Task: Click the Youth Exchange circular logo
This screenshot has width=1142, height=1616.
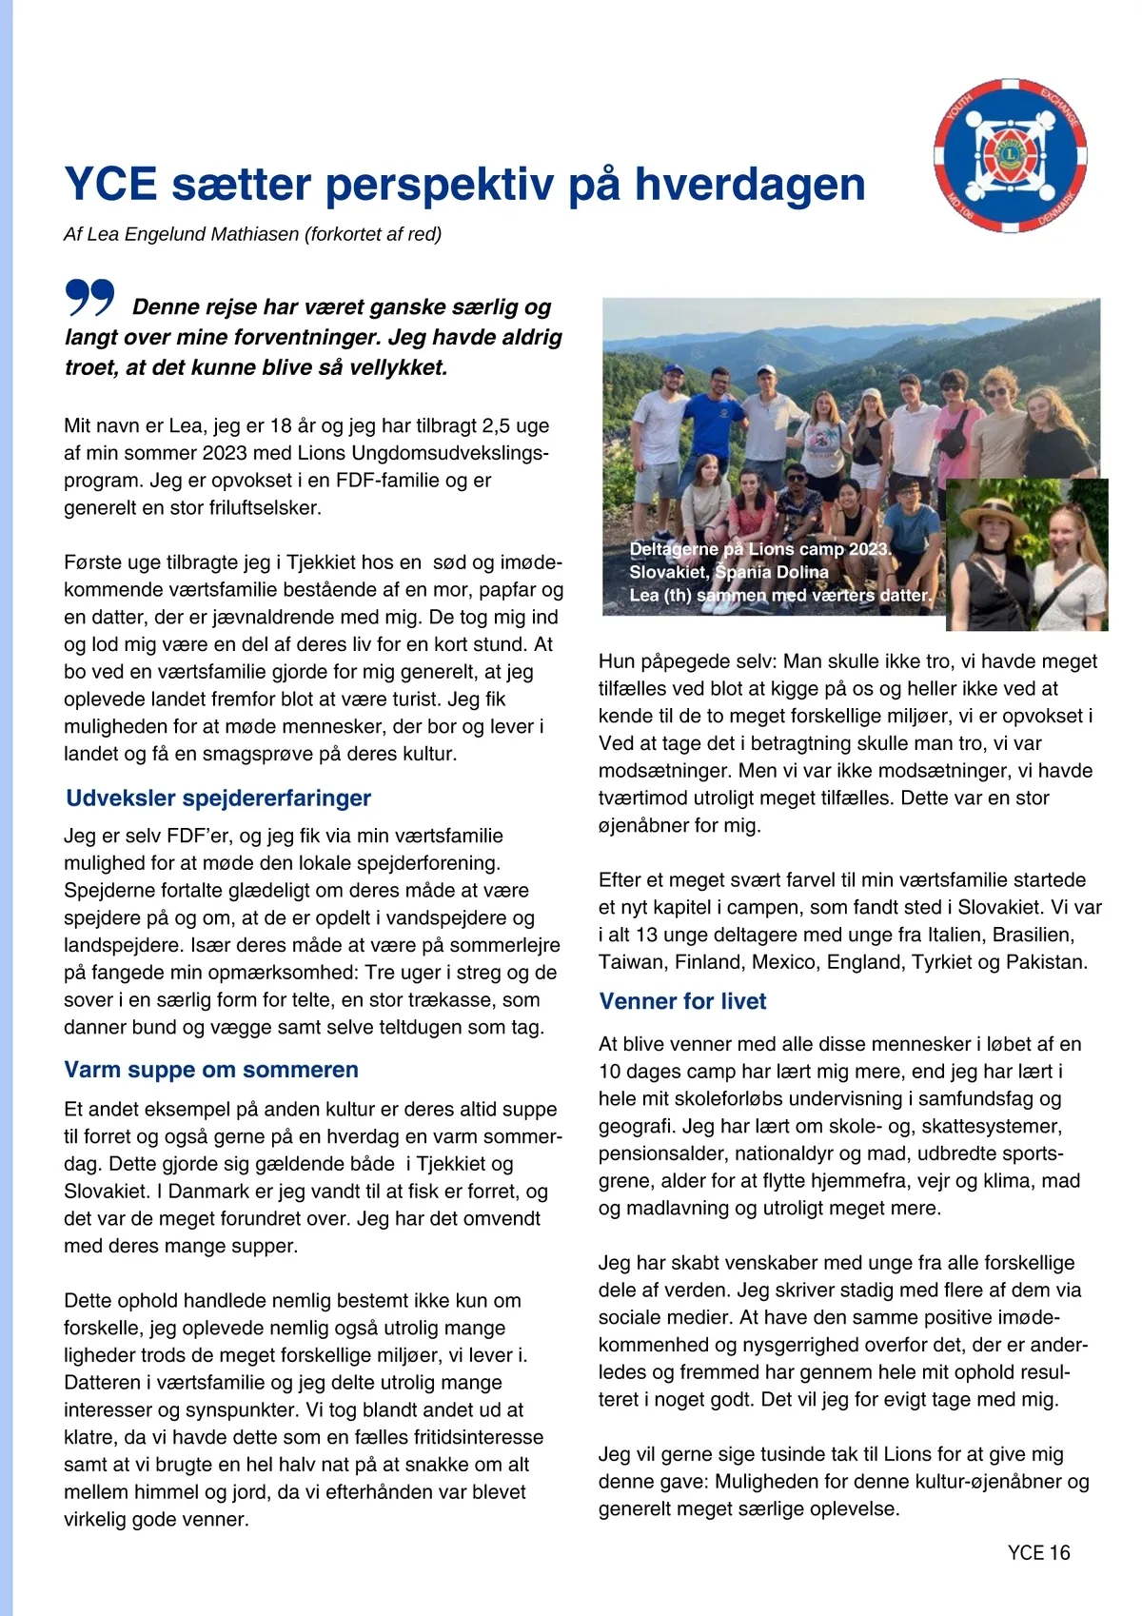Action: point(1010,155)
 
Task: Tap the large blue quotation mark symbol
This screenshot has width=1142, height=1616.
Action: point(90,298)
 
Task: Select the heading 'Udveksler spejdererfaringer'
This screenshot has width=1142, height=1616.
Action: point(218,798)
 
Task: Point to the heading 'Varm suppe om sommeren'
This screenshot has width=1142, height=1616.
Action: point(211,1070)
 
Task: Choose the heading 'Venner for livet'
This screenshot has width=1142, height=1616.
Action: point(682,1001)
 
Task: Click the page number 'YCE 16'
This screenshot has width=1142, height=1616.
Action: point(1038,1553)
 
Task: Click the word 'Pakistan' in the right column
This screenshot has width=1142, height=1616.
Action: point(1046,962)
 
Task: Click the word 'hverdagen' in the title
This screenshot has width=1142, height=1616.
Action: point(750,185)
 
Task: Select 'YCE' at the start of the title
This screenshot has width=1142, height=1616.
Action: point(110,185)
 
